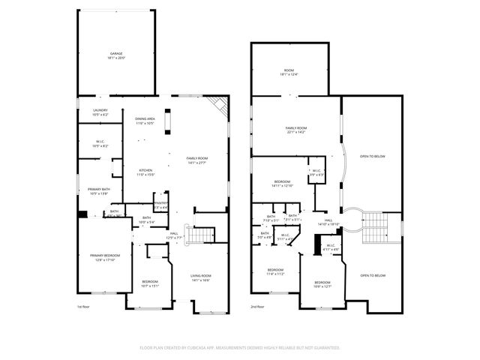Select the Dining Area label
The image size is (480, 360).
(145, 121)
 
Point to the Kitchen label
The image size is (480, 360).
(145, 172)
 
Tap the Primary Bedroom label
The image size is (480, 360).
(105, 258)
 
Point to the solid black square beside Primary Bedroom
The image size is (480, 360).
(82, 214)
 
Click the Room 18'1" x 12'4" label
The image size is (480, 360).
(289, 72)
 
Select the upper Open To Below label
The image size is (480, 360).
(373, 155)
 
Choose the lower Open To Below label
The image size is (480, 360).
(373, 275)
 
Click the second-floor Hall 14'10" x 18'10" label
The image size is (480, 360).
(328, 222)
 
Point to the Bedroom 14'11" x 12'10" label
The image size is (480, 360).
(282, 184)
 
